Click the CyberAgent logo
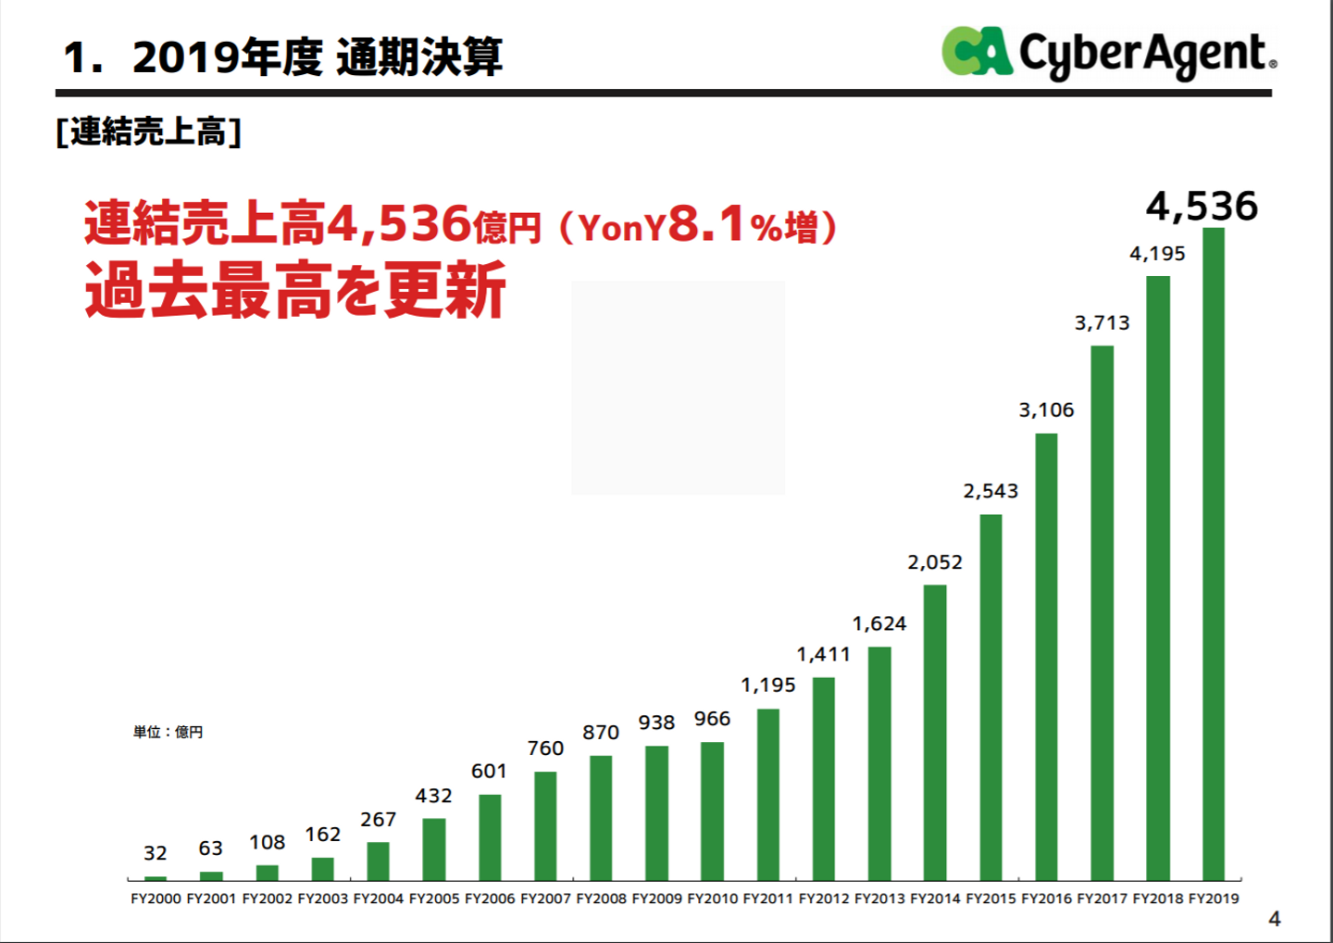[1109, 52]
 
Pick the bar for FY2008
[601, 817]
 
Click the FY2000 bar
[156, 877]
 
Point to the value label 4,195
[1157, 254]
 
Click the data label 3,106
[1046, 409]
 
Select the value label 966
[712, 719]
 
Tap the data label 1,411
[823, 654]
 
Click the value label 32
[156, 853]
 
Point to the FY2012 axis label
[824, 899]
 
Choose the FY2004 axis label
[379, 899]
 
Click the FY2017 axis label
[1102, 899]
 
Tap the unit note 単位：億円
[168, 732]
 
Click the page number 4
[1275, 919]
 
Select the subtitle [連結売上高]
[149, 132]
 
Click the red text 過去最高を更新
[295, 290]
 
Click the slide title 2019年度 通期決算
[317, 57]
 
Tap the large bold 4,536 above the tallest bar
[1202, 206]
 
